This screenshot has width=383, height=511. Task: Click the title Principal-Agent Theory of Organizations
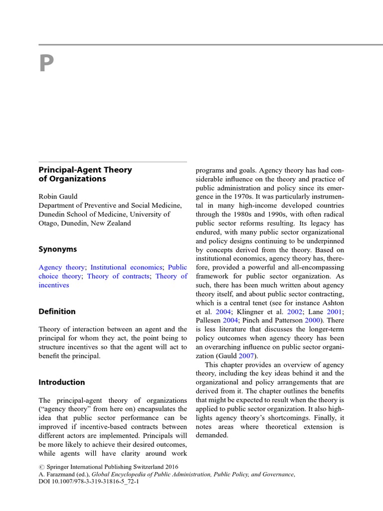[x=85, y=174]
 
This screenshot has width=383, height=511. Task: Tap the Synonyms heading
[x=58, y=249]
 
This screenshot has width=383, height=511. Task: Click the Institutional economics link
[x=126, y=267]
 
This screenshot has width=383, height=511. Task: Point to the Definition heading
[x=57, y=311]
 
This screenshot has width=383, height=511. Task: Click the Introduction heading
[x=62, y=382]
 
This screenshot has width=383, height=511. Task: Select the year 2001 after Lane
[x=336, y=311]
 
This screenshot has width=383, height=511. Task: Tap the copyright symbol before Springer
[x=42, y=467]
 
